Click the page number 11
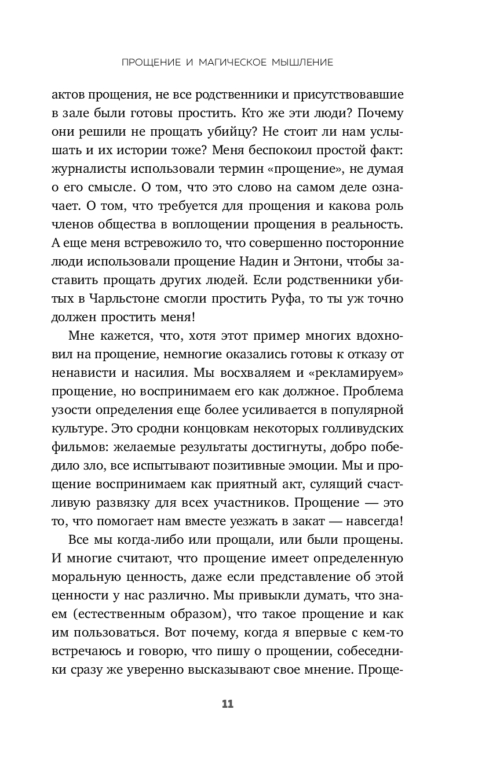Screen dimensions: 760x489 click(x=227, y=704)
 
